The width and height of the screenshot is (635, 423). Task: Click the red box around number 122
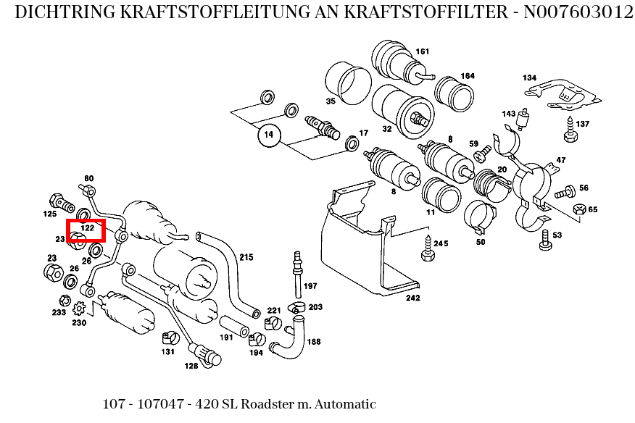point(86,230)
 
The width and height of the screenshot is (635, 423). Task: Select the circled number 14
point(269,135)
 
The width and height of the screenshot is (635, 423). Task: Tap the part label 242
point(412,298)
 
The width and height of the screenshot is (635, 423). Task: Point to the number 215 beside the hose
point(246,257)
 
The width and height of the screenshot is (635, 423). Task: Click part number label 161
point(422,51)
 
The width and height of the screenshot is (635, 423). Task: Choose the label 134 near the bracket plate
point(529,78)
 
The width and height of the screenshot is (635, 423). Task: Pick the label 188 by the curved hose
point(314,342)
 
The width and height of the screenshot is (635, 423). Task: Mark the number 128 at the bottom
point(191,366)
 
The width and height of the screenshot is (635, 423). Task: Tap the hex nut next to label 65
point(578,209)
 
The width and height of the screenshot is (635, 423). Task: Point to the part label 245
point(441,243)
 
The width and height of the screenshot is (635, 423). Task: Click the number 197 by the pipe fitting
point(310,286)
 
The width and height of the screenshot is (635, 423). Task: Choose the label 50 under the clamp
point(480,242)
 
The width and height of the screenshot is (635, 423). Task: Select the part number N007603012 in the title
point(574,13)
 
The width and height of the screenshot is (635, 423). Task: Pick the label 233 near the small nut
point(59,313)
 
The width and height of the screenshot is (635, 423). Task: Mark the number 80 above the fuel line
point(89,178)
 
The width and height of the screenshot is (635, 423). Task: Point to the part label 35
point(331,101)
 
